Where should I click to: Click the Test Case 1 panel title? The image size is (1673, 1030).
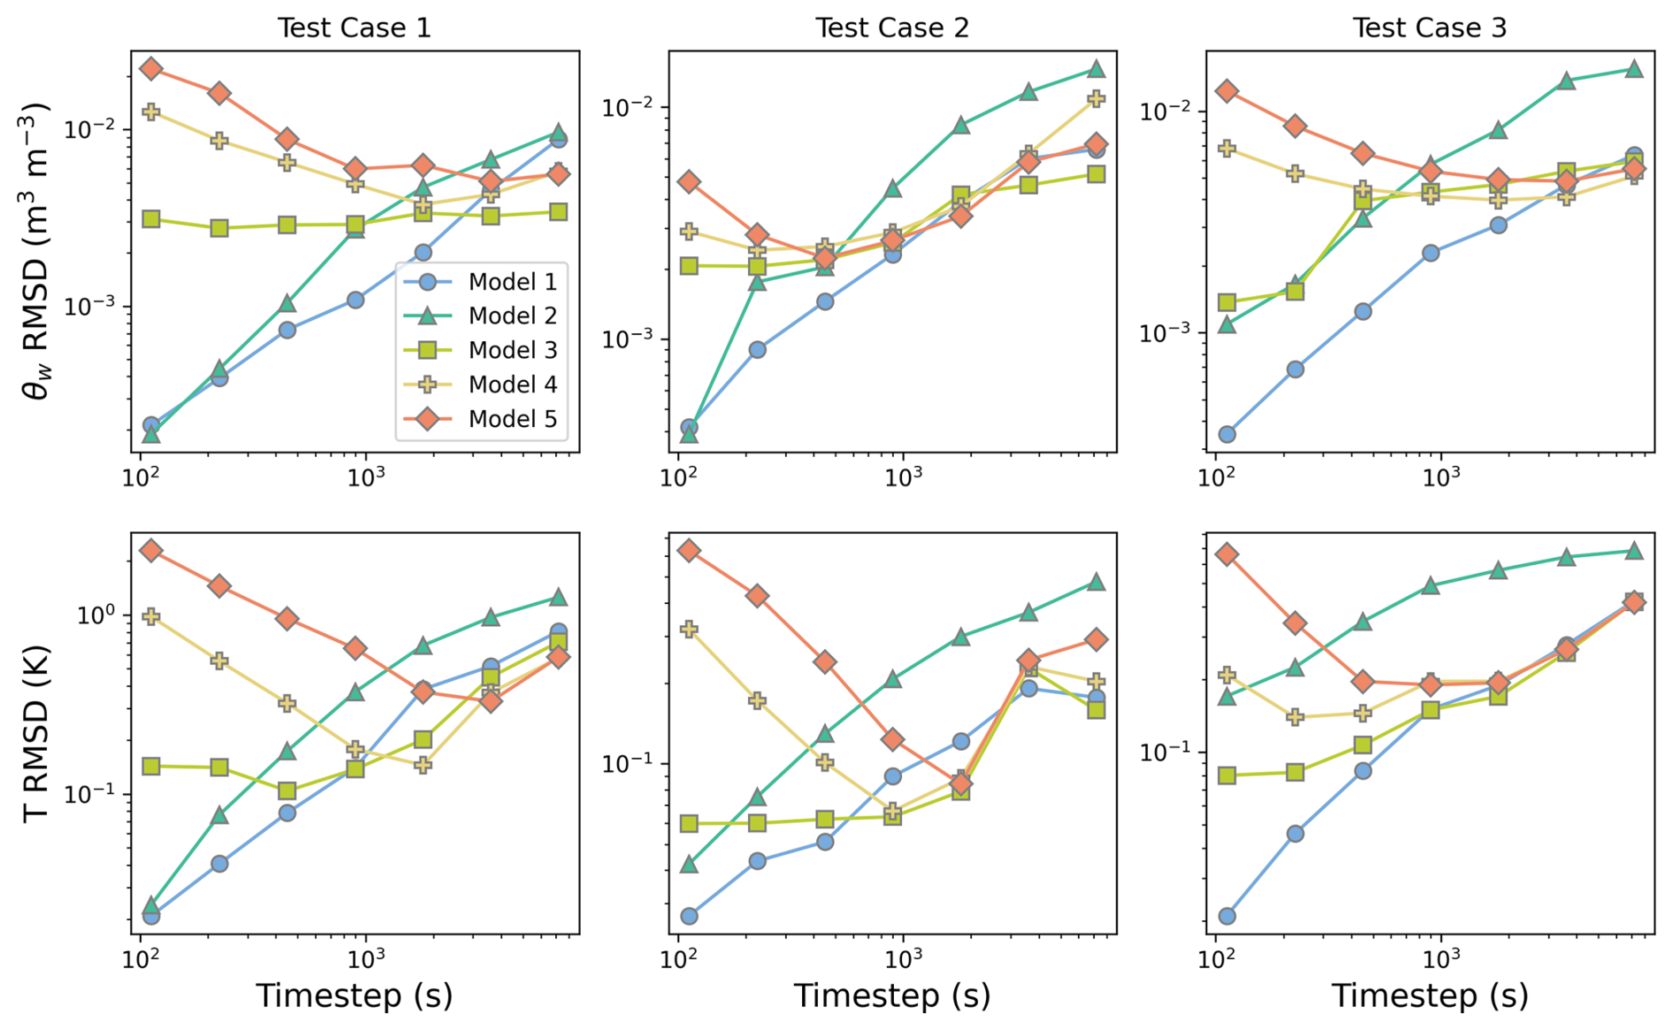pyautogui.click(x=355, y=27)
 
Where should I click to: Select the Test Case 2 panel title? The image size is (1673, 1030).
pyautogui.click(x=892, y=27)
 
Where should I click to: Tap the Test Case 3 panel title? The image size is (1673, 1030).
pyautogui.click(x=1429, y=27)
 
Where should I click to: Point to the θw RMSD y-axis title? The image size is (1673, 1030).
pyautogui.click(x=36, y=252)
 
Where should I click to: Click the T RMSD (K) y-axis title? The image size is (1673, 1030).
pyautogui.click(x=36, y=734)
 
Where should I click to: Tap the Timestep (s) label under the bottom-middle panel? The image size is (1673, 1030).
pyautogui.click(x=892, y=996)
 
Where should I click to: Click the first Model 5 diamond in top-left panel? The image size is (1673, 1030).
pyautogui.click(x=151, y=69)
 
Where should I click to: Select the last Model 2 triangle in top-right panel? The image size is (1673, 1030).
pyautogui.click(x=1634, y=69)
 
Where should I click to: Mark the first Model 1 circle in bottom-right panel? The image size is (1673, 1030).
pyautogui.click(x=1226, y=916)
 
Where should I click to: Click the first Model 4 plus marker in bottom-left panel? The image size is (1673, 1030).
pyautogui.click(x=151, y=617)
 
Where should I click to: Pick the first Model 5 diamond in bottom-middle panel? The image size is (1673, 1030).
pyautogui.click(x=689, y=551)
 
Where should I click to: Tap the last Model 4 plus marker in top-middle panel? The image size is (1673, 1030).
pyautogui.click(x=1096, y=99)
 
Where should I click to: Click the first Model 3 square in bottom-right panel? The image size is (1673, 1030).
pyautogui.click(x=1226, y=775)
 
